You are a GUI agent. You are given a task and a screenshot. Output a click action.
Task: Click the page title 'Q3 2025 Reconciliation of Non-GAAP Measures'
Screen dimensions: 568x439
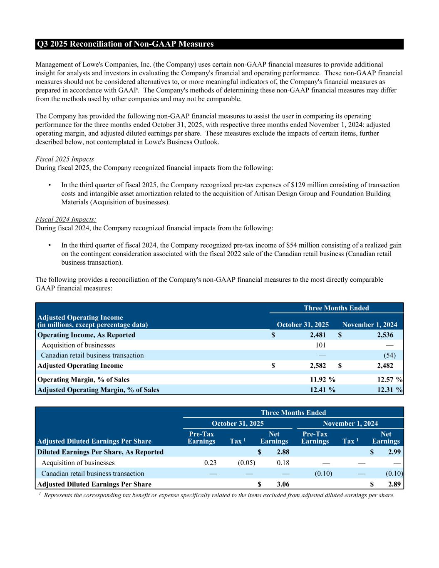coord(125,44)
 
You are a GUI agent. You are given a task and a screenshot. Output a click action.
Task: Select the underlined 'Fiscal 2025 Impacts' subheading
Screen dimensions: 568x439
coord(64,159)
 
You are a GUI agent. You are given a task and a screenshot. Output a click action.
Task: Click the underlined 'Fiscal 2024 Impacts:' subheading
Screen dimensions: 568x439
coord(66,219)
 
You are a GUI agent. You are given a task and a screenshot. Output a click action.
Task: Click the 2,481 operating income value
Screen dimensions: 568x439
coord(318,335)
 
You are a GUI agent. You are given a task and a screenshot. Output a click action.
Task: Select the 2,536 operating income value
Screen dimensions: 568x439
coord(385,335)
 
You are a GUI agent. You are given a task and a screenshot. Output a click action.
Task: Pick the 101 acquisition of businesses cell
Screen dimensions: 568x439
coord(320,345)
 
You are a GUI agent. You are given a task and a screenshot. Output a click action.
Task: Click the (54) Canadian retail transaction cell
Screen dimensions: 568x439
coord(389,355)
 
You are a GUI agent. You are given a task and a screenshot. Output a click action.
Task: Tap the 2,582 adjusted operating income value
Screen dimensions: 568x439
coord(318,366)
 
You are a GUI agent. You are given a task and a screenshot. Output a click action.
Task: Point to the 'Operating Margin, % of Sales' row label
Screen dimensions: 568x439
coord(83,379)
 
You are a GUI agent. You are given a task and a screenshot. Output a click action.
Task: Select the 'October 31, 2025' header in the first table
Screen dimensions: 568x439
coord(303,325)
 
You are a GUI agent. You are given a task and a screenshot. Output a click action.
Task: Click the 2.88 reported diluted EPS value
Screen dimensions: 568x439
coord(283,452)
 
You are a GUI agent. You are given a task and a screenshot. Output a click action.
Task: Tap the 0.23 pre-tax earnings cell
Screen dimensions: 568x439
coord(210,463)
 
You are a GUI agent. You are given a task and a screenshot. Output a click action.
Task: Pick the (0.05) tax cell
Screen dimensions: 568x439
coord(246,463)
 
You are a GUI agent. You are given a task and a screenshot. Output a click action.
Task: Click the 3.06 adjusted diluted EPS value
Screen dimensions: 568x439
coord(283,484)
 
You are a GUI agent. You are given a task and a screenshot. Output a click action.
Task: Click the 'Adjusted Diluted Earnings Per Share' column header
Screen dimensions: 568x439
coord(94,441)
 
